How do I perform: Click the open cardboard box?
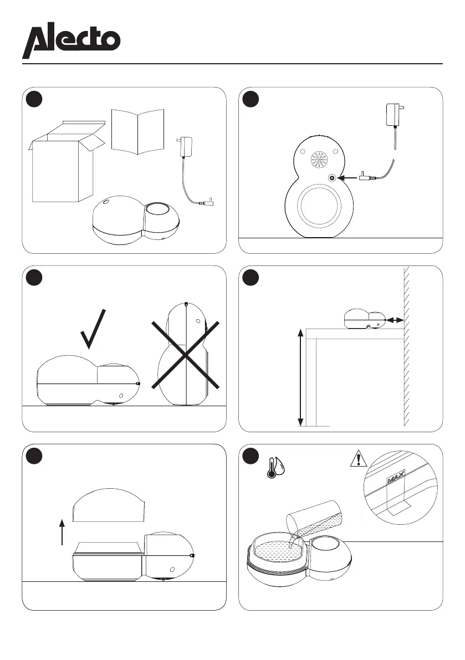pyautogui.click(x=62, y=163)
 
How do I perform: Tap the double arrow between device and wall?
pyautogui.click(x=395, y=320)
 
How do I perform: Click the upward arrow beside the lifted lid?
pyautogui.click(x=63, y=531)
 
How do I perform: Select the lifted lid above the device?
pyautogui.click(x=109, y=505)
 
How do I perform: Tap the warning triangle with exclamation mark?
pyautogui.click(x=358, y=459)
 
